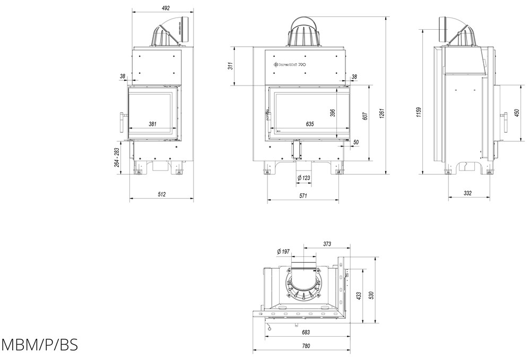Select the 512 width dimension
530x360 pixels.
point(162,194)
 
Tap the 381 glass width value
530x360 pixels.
point(152,124)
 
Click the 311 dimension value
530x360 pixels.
point(230,66)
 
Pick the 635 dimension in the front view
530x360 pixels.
point(310,124)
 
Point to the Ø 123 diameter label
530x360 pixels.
point(303,177)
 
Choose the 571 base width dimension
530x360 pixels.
point(303,196)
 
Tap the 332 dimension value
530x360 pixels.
point(467,193)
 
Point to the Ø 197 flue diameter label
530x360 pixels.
point(283,252)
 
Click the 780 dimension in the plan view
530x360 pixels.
point(306,346)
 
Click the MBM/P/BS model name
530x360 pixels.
point(40,345)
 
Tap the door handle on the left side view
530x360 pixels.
point(121,122)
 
